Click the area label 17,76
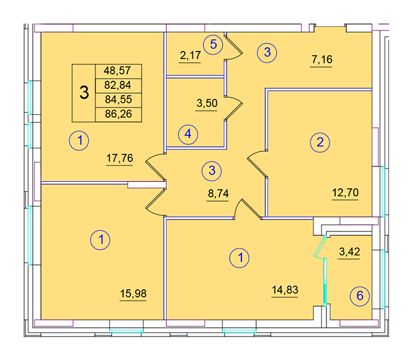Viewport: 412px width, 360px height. click(x=120, y=158)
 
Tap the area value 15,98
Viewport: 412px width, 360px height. click(x=133, y=294)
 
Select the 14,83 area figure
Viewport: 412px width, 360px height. click(x=285, y=290)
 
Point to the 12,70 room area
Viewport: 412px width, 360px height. click(x=345, y=192)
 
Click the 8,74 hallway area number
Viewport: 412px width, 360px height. click(x=218, y=194)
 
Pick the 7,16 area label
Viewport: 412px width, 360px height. click(x=322, y=60)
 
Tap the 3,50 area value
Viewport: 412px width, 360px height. click(x=207, y=103)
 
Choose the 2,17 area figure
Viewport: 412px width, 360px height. click(x=190, y=55)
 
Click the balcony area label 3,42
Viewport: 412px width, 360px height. click(x=349, y=252)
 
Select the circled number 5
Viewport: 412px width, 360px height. click(x=213, y=45)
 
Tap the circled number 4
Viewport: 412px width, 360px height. click(x=188, y=135)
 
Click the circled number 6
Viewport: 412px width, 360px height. click(x=360, y=296)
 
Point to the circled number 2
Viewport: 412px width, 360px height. click(x=320, y=143)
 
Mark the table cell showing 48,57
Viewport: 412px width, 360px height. click(x=119, y=71)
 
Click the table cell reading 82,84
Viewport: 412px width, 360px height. click(x=119, y=86)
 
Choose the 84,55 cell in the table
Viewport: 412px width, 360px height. click(x=119, y=100)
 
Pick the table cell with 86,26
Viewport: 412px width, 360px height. click(x=119, y=115)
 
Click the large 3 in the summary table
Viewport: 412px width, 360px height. click(x=84, y=92)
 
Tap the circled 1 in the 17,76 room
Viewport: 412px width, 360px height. click(x=79, y=140)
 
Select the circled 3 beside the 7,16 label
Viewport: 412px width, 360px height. click(x=267, y=53)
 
